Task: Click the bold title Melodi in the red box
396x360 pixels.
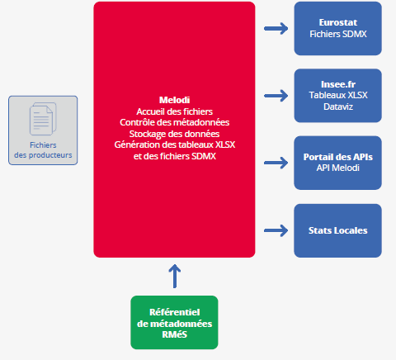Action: (x=174, y=99)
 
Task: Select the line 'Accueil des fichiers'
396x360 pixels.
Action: (x=174, y=111)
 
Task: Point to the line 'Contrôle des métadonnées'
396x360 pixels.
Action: (x=174, y=122)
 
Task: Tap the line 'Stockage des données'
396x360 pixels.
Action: (x=174, y=134)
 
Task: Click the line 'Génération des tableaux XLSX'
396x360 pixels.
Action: (x=174, y=145)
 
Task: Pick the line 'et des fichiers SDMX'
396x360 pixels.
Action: (x=174, y=157)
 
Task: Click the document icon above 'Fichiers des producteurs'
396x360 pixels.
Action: (x=43, y=119)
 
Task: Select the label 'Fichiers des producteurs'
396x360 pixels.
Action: (x=43, y=149)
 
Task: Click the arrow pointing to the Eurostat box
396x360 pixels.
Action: (x=275, y=29)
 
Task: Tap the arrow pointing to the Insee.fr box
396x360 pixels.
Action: (x=275, y=96)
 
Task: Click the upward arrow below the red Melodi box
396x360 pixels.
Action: (x=174, y=275)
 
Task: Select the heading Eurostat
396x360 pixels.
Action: (x=337, y=23)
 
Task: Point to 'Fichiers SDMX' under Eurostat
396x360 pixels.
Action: (x=337, y=36)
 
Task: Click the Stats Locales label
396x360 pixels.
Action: (x=337, y=230)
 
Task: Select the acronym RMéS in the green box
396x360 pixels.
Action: (x=174, y=334)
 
